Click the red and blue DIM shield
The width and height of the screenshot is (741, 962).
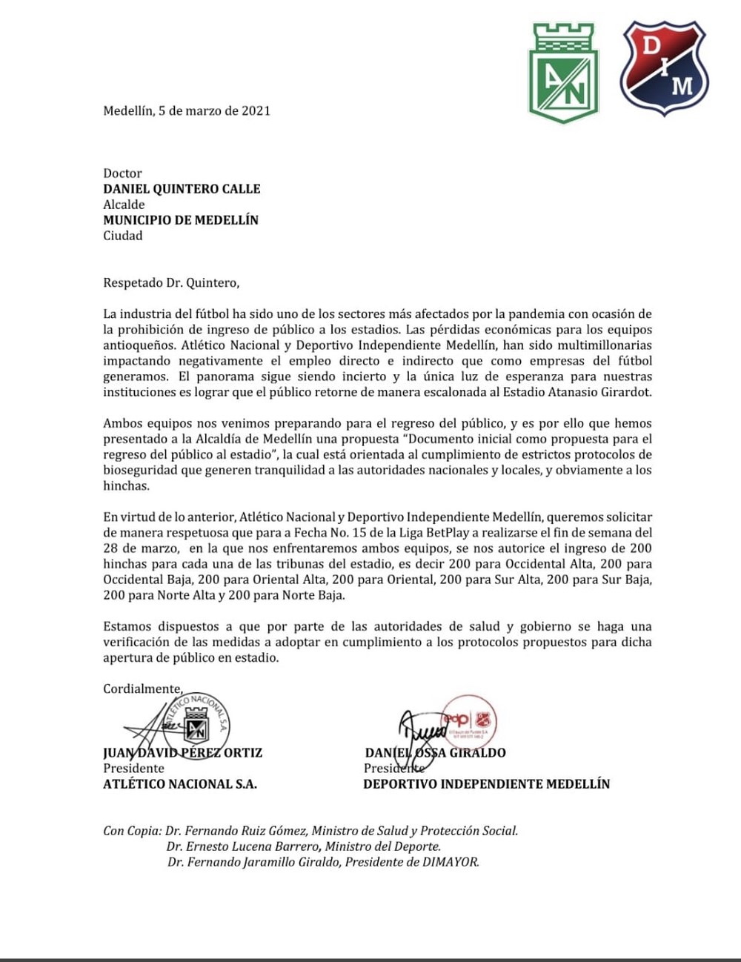(664, 68)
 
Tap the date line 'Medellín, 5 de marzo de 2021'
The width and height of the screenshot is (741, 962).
(187, 111)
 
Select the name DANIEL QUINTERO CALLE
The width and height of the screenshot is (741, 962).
(182, 189)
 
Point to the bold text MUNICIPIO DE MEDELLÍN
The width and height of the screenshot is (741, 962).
(181, 220)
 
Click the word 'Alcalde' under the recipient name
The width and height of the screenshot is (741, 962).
(124, 205)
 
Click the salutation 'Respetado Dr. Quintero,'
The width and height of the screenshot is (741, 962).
(171, 282)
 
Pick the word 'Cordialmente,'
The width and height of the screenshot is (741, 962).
(142, 689)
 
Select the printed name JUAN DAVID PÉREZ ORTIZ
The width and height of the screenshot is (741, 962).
(182, 753)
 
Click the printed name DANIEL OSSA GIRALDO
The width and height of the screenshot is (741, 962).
(435, 753)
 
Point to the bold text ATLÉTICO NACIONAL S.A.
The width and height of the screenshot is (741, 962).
(180, 784)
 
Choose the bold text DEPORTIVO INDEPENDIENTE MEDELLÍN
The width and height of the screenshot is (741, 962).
(486, 784)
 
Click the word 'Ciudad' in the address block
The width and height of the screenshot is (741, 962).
(122, 236)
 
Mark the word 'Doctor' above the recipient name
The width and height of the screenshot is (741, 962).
(122, 173)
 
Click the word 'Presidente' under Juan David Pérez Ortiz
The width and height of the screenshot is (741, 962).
(133, 769)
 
